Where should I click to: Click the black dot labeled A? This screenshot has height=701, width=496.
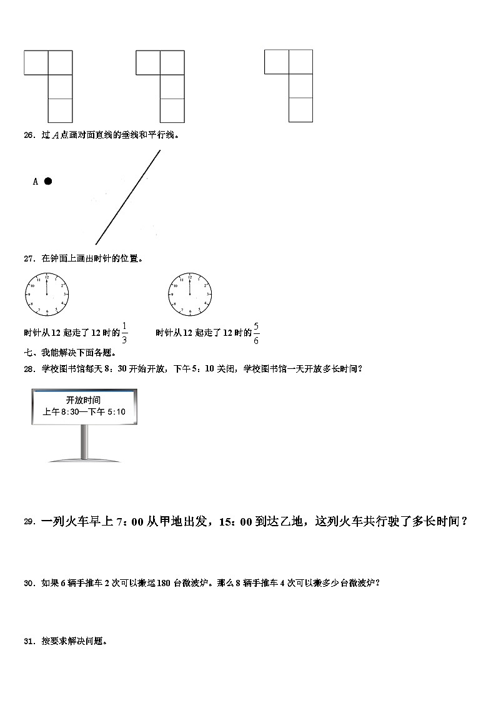(x=47, y=181)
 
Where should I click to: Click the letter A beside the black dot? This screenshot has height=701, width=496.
(x=36, y=182)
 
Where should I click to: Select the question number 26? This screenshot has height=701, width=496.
(x=29, y=134)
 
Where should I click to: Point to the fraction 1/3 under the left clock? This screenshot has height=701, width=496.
(x=124, y=333)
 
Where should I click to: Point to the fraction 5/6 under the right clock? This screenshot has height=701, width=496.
(x=256, y=333)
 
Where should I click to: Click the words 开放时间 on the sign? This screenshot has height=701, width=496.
(x=84, y=400)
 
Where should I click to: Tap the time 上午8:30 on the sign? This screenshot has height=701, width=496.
(x=61, y=411)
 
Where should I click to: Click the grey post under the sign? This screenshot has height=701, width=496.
(x=84, y=442)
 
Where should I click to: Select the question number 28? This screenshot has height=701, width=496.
(x=29, y=368)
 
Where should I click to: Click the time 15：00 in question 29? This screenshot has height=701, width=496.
(x=235, y=522)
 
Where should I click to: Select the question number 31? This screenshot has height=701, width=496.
(x=29, y=640)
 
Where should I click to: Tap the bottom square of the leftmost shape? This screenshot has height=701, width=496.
(x=60, y=110)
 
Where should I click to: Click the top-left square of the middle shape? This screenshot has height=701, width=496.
(x=148, y=62)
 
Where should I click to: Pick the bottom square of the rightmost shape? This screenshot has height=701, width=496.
(x=300, y=110)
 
